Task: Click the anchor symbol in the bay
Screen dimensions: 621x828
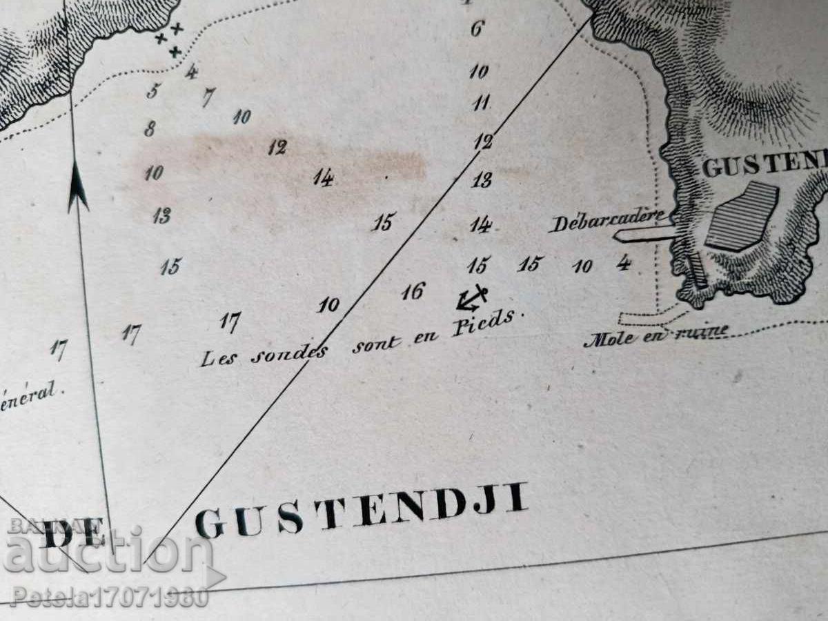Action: [x=471, y=298]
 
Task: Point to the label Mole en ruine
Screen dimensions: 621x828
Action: [x=655, y=336]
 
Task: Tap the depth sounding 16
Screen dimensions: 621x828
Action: [x=413, y=292]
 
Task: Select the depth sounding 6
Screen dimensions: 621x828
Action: [x=477, y=29]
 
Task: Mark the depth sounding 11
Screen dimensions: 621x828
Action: [x=481, y=103]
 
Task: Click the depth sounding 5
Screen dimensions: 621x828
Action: [x=152, y=90]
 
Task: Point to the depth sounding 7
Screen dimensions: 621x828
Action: [x=208, y=97]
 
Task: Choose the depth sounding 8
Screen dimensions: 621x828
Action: [x=150, y=128]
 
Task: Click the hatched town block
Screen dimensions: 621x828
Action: [x=741, y=215]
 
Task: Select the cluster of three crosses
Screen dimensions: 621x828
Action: [x=170, y=39]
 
